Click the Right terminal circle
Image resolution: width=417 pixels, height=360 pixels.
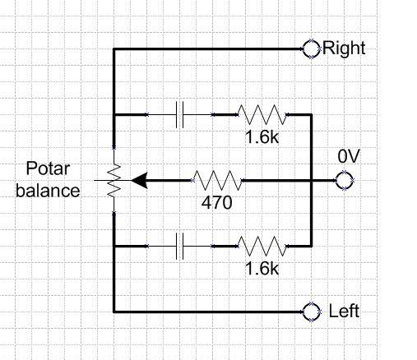pyautogui.click(x=311, y=48)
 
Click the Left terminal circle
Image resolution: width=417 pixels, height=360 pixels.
pyautogui.click(x=311, y=312)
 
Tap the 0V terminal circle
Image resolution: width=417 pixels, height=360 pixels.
pyautogui.click(x=343, y=180)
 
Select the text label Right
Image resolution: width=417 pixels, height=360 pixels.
pyautogui.click(x=344, y=48)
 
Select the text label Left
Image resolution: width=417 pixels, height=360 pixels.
pyautogui.click(x=344, y=312)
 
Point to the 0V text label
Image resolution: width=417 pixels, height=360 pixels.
pyautogui.click(x=348, y=156)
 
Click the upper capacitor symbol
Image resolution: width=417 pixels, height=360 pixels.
pyautogui.click(x=182, y=114)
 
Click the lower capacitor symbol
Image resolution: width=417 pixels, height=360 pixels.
pyautogui.click(x=182, y=245)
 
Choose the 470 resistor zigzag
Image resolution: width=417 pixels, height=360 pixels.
pyautogui.click(x=217, y=179)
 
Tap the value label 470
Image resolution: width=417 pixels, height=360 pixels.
pyautogui.click(x=217, y=199)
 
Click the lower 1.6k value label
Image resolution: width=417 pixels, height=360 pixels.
pyautogui.click(x=262, y=267)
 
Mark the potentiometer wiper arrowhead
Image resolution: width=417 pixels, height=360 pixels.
pyautogui.click(x=138, y=179)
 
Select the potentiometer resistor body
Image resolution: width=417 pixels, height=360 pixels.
pyautogui.click(x=114, y=179)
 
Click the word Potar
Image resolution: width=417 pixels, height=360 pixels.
pyautogui.click(x=49, y=170)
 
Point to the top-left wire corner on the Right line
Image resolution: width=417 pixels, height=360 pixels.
pyautogui.click(x=114, y=48)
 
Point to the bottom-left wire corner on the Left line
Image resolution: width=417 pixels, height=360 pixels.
pyautogui.click(x=114, y=312)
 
